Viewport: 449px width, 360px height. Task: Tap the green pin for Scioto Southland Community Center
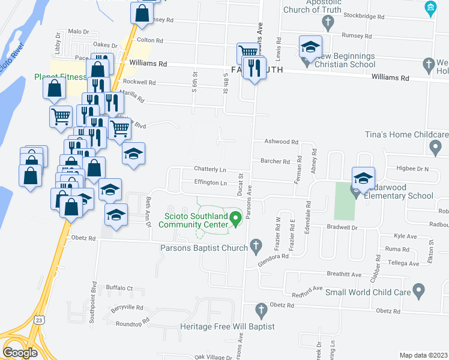point(236,218)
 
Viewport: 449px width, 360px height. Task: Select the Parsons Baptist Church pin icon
point(256,245)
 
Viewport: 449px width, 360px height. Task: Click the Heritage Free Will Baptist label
point(228,327)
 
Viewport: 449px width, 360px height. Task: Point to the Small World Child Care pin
point(419,292)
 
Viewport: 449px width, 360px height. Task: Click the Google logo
point(20,352)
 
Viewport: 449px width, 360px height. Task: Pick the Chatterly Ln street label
point(210,169)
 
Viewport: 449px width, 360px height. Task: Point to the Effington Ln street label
point(210,182)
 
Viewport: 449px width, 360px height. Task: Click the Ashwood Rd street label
point(282,142)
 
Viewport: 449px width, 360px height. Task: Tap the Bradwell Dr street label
point(342,227)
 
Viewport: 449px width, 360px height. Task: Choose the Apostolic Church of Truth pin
point(327,23)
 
